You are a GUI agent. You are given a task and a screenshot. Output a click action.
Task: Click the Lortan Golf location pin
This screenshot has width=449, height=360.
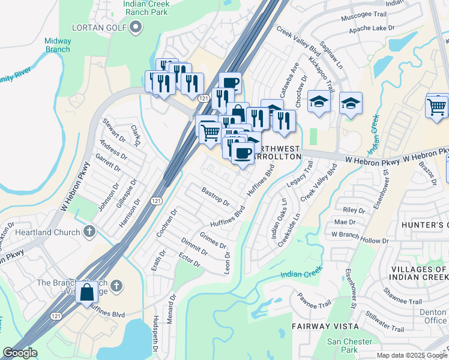coord(136,27)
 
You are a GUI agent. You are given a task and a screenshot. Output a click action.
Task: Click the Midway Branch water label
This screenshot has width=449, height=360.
coord(58,45)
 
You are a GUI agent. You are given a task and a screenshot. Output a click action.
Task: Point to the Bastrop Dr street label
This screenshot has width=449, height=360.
coord(215,196)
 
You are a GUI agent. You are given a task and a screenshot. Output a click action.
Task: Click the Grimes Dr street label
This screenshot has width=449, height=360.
coord(213,241)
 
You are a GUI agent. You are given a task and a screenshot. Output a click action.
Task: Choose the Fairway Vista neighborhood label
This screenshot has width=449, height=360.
coord(325,326)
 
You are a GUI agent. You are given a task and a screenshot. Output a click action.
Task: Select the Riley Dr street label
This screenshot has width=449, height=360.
coord(354,210)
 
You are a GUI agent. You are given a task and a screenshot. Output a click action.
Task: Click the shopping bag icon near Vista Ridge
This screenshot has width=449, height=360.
coord(87,292)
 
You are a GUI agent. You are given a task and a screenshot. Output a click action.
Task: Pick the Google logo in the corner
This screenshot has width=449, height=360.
coord(20,353)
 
